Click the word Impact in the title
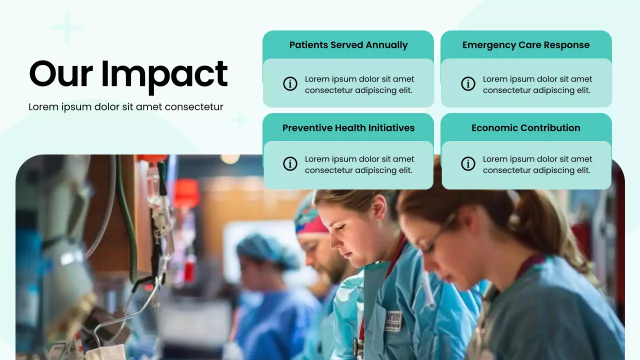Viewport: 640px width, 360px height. (164, 74)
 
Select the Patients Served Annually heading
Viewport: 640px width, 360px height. (348, 45)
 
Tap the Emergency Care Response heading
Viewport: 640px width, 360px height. (526, 45)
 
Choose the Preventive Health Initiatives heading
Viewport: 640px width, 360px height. (348, 128)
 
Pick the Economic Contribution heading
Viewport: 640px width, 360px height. (526, 128)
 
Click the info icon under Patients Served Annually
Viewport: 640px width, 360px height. (290, 83)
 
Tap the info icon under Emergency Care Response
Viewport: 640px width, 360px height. (468, 83)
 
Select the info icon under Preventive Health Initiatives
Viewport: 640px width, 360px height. (290, 163)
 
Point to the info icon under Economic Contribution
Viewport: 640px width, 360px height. (468, 163)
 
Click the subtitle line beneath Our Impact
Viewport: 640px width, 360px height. (125, 107)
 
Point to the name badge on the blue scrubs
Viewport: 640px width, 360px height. (393, 320)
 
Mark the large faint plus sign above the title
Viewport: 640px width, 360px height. (67, 27)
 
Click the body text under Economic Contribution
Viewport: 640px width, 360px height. (537, 164)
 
